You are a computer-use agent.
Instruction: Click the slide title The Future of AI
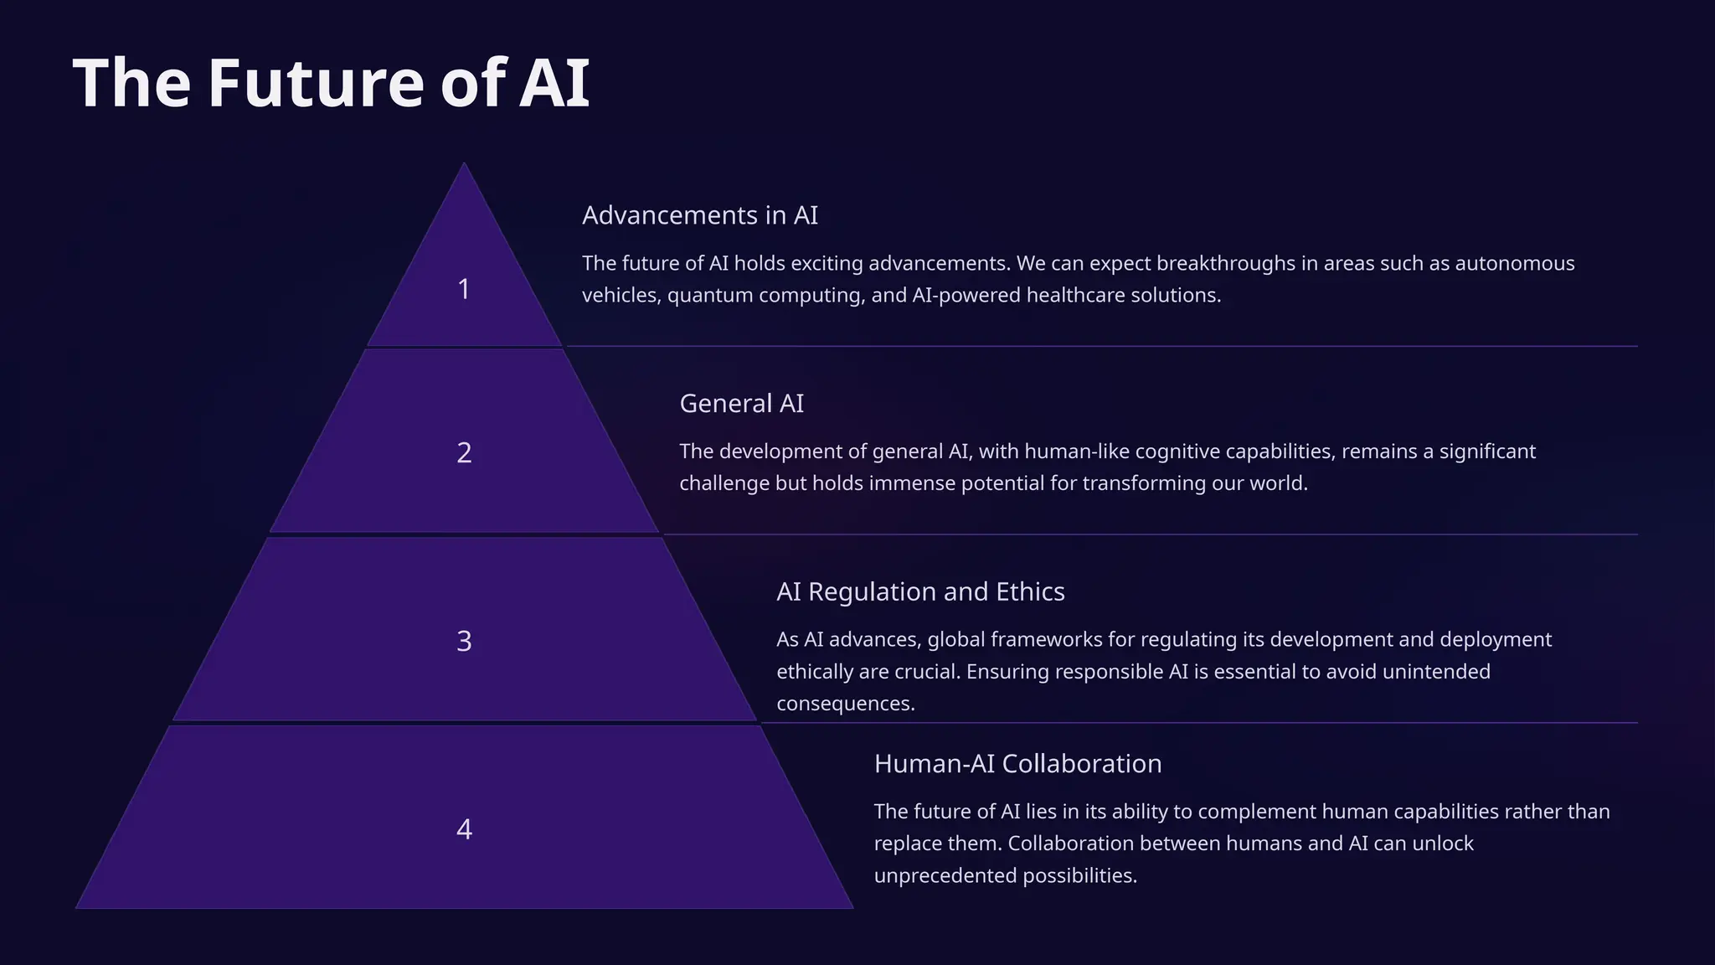(332, 83)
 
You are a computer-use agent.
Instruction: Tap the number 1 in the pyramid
(464, 289)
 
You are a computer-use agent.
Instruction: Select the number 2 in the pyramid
(464, 452)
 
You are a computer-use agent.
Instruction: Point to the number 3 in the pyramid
(464, 641)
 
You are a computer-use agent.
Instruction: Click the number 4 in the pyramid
(464, 829)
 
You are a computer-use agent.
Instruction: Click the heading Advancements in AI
(699, 215)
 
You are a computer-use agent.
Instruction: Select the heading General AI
(741, 404)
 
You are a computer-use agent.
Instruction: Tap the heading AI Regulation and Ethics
(920, 592)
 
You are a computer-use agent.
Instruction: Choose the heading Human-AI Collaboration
(1017, 764)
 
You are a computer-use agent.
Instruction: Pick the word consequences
(845, 704)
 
